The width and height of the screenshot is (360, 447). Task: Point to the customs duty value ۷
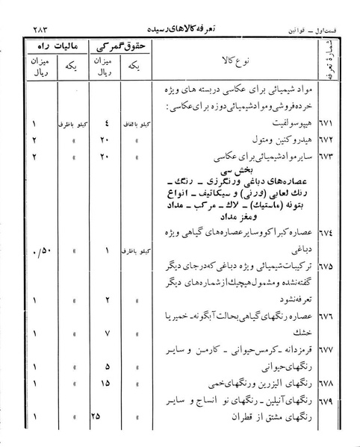(108, 328)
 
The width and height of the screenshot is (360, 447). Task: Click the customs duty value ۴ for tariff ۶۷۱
(108, 123)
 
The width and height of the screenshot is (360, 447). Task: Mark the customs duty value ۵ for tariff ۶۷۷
(108, 367)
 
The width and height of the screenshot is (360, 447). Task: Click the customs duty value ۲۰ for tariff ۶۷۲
(106, 139)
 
